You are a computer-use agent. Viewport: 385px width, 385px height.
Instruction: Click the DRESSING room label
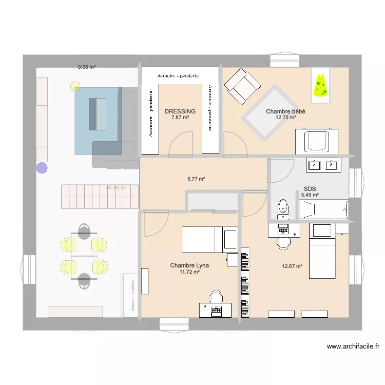click(180, 111)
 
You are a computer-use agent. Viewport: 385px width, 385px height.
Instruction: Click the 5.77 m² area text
click(196, 179)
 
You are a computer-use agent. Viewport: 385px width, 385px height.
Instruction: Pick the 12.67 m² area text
click(292, 266)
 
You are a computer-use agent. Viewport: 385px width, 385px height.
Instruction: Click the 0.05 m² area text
click(87, 67)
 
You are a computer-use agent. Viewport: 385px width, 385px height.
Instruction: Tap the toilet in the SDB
click(283, 208)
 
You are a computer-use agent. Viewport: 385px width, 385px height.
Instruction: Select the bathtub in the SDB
click(323, 209)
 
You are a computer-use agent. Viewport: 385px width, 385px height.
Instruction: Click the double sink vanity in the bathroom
click(323, 165)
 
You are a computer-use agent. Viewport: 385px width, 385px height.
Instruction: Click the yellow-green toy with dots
click(320, 86)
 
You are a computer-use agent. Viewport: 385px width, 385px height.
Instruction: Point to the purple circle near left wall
click(41, 167)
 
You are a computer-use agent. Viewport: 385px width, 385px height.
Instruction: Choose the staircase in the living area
click(100, 196)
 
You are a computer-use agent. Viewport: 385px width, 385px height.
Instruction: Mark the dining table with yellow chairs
click(84, 255)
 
